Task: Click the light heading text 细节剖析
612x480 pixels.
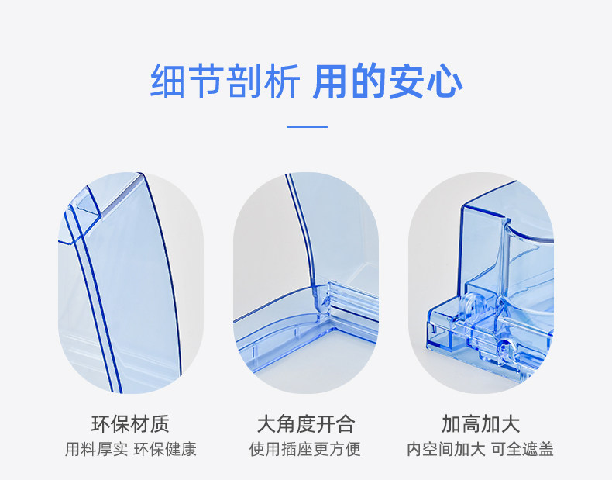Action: (225, 82)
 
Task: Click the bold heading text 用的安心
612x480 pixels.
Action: (387, 82)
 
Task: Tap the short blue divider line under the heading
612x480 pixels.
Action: (307, 126)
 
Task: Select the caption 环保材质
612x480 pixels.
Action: (130, 424)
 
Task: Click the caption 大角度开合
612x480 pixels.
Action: (306, 424)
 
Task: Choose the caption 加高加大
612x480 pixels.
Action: (481, 424)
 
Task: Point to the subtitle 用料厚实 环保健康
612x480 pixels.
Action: (130, 449)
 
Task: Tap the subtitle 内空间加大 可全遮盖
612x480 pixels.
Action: (481, 449)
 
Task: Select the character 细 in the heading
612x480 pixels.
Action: (168, 82)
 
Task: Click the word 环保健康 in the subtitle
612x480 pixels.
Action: (165, 449)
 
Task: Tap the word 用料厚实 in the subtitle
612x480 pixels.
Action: (95, 449)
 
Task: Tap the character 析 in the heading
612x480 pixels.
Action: (280, 82)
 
